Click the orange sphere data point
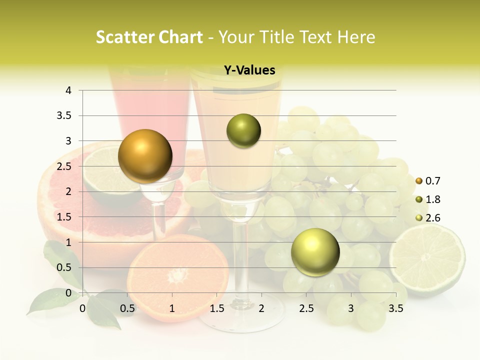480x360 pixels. click(145, 156)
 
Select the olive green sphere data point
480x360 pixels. click(243, 131)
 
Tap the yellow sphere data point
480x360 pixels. click(315, 252)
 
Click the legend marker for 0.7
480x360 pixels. click(419, 181)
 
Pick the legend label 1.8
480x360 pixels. click(433, 199)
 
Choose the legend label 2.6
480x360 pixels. click(433, 218)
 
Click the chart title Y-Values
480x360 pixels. click(249, 70)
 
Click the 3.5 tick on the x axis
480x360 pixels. click(395, 308)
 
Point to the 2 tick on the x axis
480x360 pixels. click(261, 308)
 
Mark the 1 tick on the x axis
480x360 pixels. click(172, 308)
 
